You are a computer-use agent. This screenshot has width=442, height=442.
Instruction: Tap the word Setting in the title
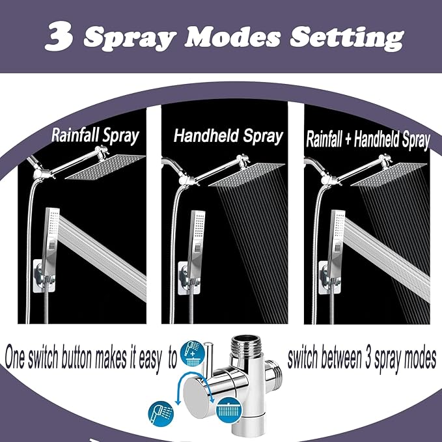coord(346,39)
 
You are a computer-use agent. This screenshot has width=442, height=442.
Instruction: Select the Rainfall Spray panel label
coord(96,136)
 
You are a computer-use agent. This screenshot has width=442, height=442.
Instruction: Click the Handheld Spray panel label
coord(228,136)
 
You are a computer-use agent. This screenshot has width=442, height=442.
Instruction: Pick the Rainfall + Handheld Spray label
coord(368,139)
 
